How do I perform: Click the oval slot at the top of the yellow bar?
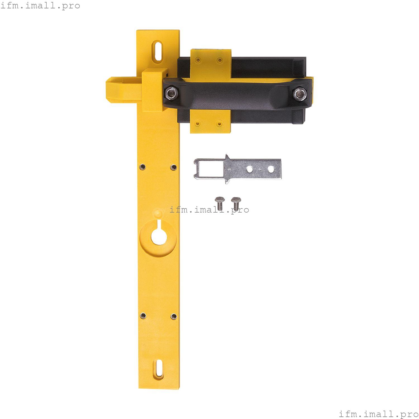[x=158, y=51]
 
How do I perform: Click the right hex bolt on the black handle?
[x=299, y=94]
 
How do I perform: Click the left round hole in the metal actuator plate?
[x=249, y=169]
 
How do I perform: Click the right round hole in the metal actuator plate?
[x=271, y=169]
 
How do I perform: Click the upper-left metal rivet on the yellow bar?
[x=143, y=167]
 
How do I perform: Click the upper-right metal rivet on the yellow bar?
[x=173, y=167]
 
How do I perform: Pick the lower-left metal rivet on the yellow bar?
[x=143, y=315]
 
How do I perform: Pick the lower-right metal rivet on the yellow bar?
[x=173, y=316]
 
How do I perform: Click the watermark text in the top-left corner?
[x=40, y=6]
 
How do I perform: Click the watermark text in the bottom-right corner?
[x=378, y=414]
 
